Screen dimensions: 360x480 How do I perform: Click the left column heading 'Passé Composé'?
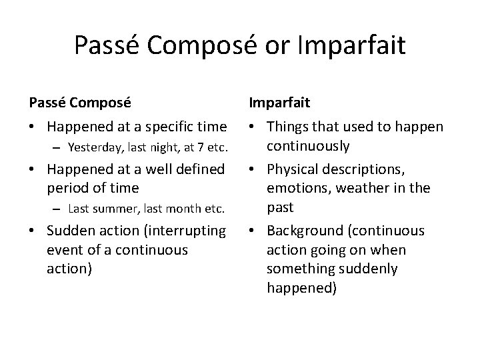tap(79, 103)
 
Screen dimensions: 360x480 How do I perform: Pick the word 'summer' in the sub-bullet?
tap(109, 208)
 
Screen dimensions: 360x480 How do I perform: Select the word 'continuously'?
tap(309, 145)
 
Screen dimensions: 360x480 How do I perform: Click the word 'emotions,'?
tap(297, 188)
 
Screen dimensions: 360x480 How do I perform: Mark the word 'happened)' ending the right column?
tap(302, 287)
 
